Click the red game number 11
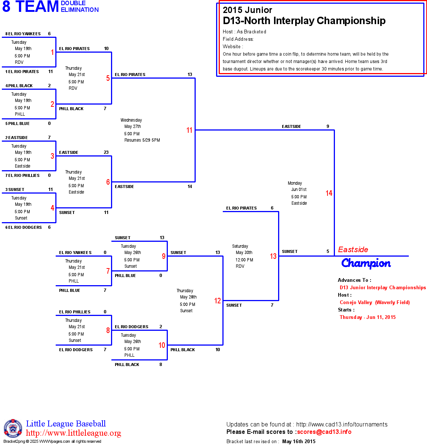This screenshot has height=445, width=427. pos(189,130)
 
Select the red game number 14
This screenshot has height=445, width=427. pos(329,193)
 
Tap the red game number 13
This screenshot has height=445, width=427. pos(273,256)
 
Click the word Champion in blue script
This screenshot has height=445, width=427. pos(366,263)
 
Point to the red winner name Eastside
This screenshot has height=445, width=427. pos(353,250)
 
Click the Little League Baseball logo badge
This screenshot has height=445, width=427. pos(13,428)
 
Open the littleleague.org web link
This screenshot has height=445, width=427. pos(74,433)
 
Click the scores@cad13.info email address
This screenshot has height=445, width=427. pos(324,432)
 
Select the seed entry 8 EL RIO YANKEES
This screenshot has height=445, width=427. pos(23,34)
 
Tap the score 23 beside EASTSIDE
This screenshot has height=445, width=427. pos(106,152)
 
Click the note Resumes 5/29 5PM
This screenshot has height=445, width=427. pos(142,140)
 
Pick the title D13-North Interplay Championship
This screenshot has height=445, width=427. pos(304,21)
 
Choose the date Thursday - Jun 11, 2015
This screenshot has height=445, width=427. pos(368,317)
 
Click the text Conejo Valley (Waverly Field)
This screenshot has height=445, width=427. pos(375,302)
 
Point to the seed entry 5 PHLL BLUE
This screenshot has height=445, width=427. pos(17,123)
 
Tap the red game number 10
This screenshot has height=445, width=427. pos(162,345)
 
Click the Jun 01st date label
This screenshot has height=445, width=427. pos(299,189)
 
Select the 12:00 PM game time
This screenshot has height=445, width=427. pos(244,260)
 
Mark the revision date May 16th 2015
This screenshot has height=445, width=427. pos(299,441)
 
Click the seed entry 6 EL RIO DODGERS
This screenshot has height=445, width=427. pos(23,227)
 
